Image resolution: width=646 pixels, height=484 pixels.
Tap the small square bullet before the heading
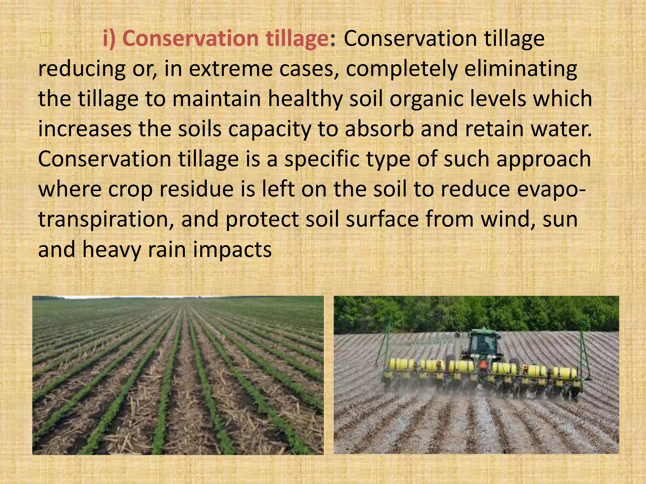pyautogui.click(x=45, y=40)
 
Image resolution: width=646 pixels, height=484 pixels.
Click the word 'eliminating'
pyautogui.click(x=520, y=69)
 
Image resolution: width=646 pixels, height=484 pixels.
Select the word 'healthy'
pyautogui.click(x=305, y=99)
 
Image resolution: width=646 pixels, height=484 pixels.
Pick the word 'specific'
pyautogui.click(x=322, y=159)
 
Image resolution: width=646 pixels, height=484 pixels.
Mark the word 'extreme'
pyautogui.click(x=231, y=69)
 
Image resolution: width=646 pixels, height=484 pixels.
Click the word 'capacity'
pyautogui.click(x=270, y=129)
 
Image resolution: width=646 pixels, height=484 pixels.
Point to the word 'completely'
pyautogui.click(x=402, y=69)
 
